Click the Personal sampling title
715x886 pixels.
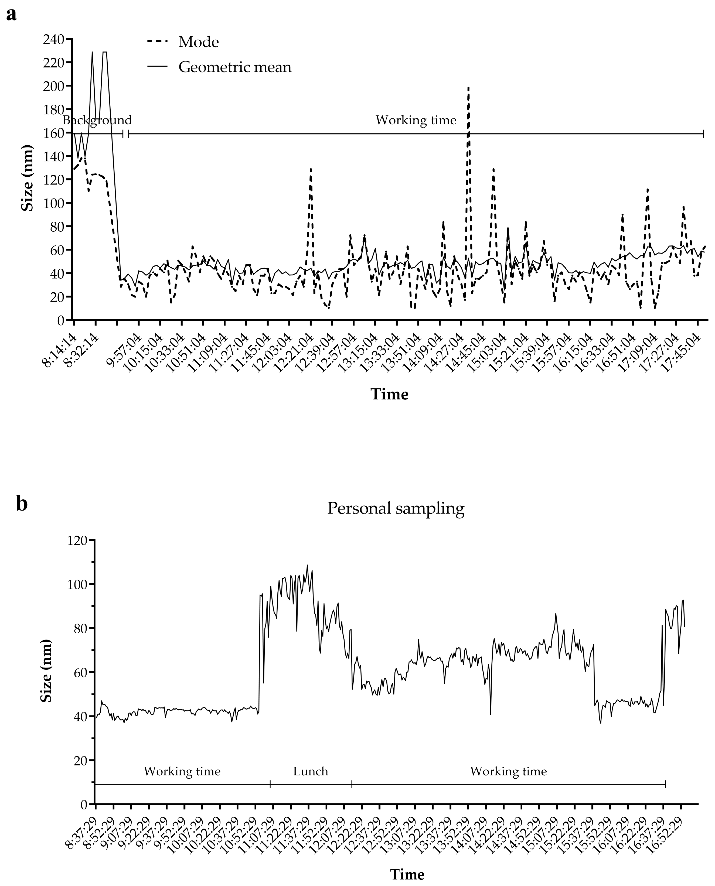[x=395, y=508]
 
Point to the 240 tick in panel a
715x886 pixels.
[x=53, y=40]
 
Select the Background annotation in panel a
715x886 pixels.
[x=97, y=120]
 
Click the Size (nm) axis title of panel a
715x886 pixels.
[x=27, y=178]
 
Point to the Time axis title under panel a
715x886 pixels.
[x=390, y=394]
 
